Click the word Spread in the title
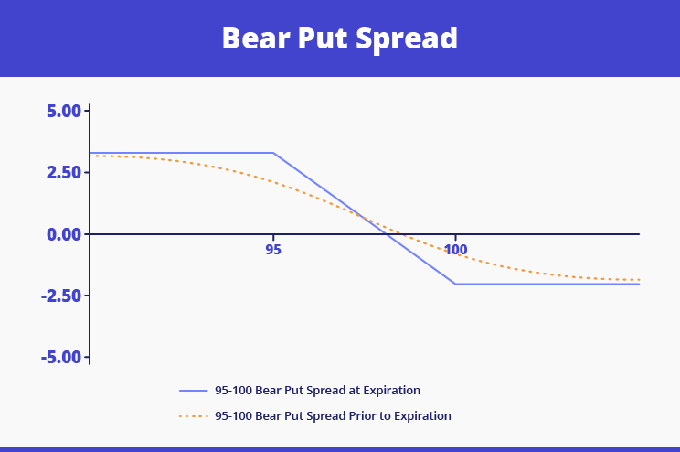(x=409, y=38)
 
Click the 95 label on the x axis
(x=273, y=249)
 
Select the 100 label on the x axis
(x=456, y=249)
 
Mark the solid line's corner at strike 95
(x=273, y=153)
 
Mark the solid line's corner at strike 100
(x=456, y=284)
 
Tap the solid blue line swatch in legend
(x=194, y=391)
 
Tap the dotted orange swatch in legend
(x=194, y=415)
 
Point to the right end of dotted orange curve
(x=639, y=280)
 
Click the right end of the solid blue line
(x=639, y=284)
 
